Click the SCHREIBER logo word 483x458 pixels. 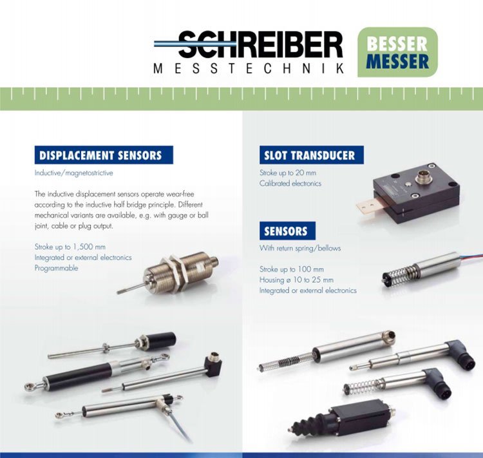248,44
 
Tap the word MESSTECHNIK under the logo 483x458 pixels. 249,68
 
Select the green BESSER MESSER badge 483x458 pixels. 397,52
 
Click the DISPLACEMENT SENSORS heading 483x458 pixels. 104,155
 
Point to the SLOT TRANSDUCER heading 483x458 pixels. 312,155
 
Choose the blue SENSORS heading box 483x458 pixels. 287,231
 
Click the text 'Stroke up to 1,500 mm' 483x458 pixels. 70,247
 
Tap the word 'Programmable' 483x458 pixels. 57,268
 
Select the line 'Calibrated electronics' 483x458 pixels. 290,184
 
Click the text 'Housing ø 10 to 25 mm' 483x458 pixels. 296,280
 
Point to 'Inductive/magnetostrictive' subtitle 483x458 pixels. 73,173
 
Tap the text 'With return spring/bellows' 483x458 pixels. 300,248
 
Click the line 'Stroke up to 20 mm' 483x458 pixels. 288,173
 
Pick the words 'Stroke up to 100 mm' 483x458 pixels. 291,269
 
